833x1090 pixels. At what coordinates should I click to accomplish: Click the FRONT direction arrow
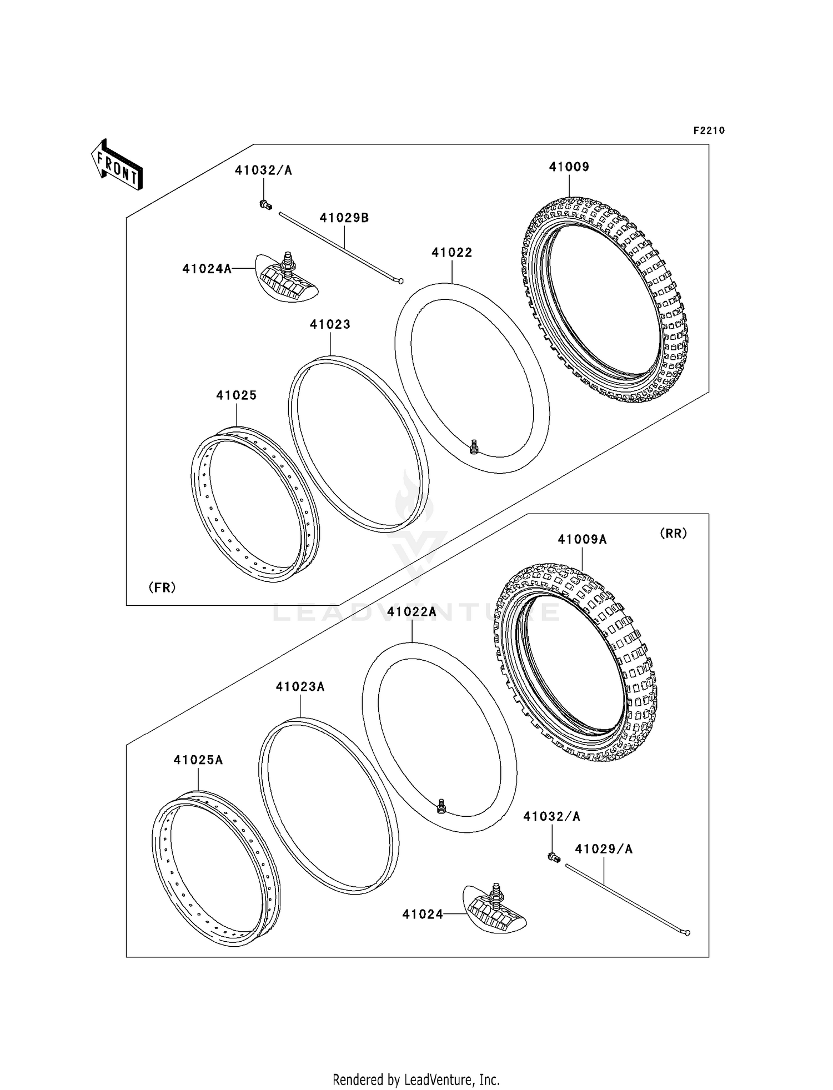click(117, 165)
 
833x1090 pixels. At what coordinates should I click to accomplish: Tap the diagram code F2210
click(709, 130)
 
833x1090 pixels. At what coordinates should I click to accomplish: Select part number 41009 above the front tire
click(569, 167)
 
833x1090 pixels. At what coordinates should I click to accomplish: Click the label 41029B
click(344, 218)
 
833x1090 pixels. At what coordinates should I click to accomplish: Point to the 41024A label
click(207, 269)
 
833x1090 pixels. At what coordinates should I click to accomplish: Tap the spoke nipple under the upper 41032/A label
click(265, 205)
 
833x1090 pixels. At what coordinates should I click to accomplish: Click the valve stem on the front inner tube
click(474, 446)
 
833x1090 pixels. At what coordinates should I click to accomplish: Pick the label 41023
click(330, 324)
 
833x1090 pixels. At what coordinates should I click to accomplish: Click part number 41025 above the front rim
click(236, 395)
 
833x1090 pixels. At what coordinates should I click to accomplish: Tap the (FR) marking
click(162, 587)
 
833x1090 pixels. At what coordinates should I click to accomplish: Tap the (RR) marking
click(673, 533)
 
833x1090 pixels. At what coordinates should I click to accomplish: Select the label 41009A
click(582, 539)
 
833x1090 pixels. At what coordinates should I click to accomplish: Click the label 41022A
click(412, 612)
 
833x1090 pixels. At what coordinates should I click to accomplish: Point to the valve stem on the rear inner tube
click(441, 805)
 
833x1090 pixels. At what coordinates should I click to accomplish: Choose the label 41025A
click(198, 760)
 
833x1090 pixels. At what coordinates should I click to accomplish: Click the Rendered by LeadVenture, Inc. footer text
click(416, 1080)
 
